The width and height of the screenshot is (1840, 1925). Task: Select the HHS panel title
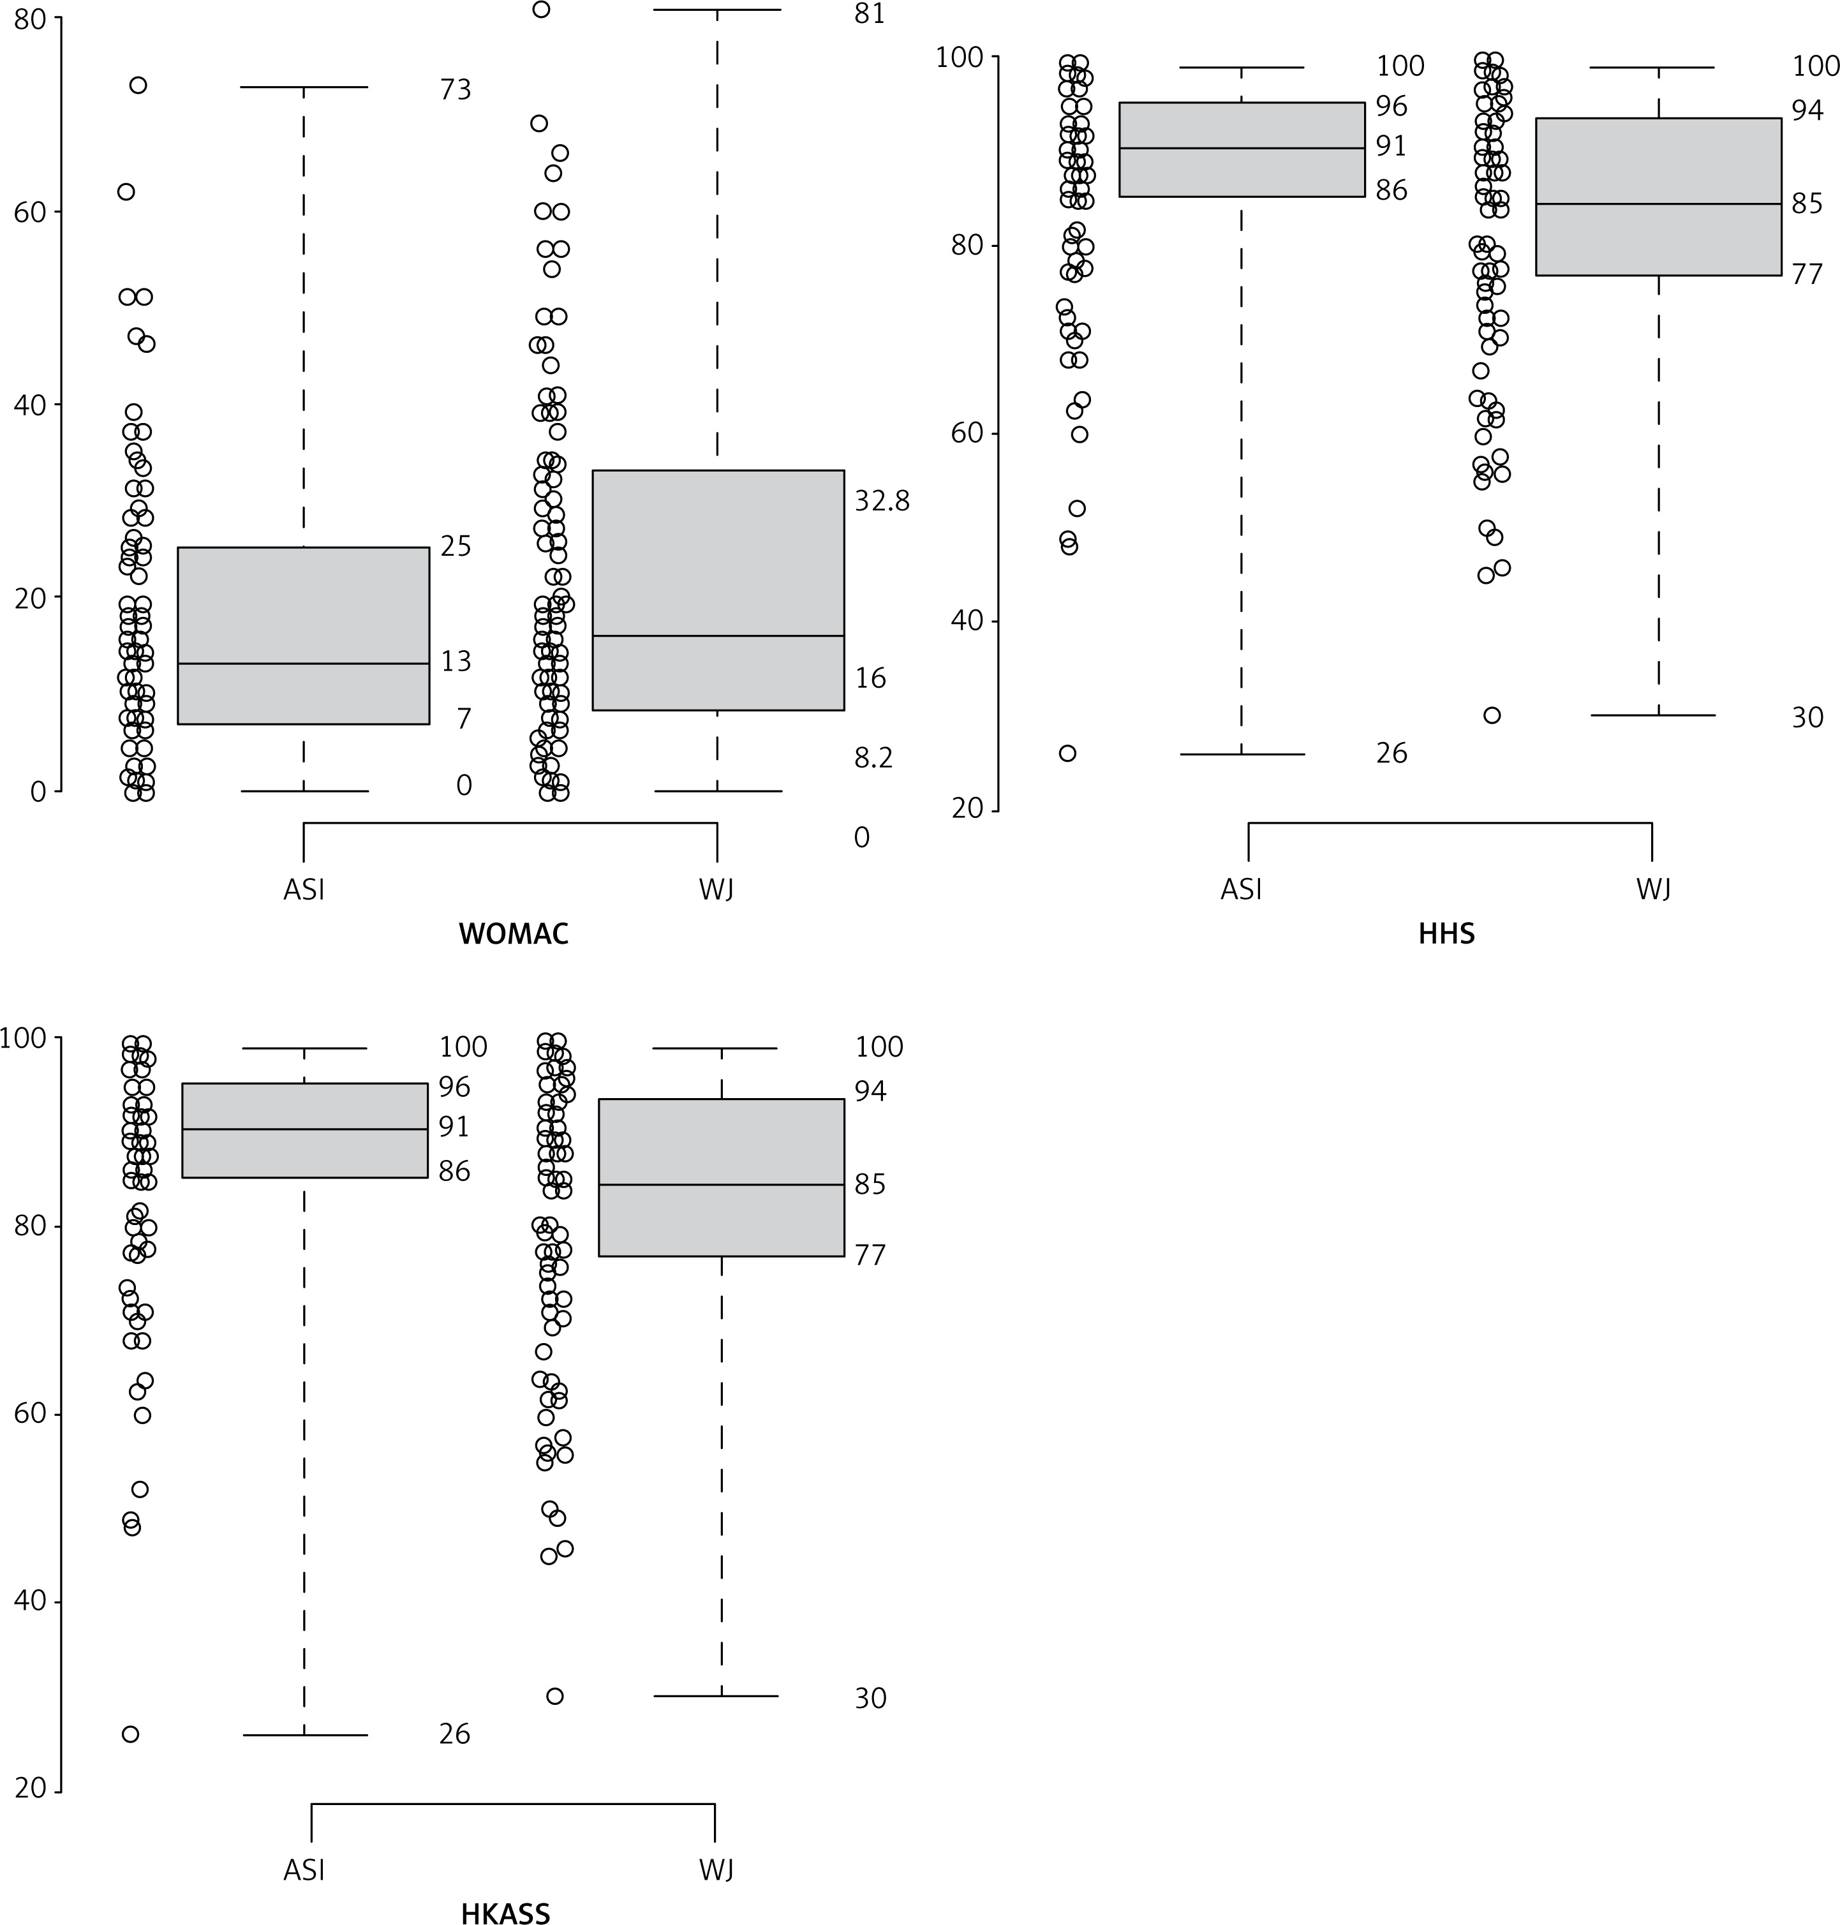[x=1446, y=933]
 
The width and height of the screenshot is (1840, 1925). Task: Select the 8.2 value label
[x=873, y=758]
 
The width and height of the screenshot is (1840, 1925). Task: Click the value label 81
[x=869, y=14]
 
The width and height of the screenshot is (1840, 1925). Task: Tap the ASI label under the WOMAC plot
[x=303, y=889]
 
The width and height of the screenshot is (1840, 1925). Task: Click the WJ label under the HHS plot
[x=1652, y=889]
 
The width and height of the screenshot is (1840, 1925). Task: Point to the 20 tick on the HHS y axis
[x=965, y=809]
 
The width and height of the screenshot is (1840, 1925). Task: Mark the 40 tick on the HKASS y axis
[x=31, y=1602]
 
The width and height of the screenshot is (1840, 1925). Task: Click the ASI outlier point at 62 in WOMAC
[x=126, y=192]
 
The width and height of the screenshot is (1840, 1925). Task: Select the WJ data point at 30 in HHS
[x=1492, y=715]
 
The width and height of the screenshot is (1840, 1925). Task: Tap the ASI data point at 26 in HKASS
[x=130, y=1734]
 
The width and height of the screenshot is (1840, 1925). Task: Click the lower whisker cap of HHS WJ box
[x=1659, y=715]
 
